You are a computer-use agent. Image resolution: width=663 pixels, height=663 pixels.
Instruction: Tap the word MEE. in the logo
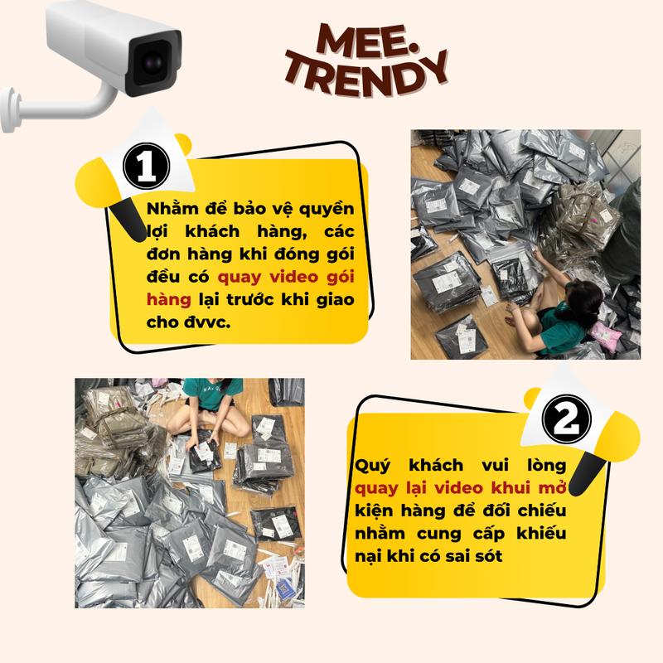[x=366, y=41]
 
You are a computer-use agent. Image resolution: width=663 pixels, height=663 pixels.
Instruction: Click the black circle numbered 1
[x=147, y=167]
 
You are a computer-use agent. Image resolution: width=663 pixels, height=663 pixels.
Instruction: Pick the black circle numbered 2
[x=567, y=419]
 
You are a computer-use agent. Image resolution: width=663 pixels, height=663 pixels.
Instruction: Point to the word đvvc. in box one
[x=207, y=322]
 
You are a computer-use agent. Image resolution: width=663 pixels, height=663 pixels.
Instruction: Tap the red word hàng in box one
[x=169, y=300]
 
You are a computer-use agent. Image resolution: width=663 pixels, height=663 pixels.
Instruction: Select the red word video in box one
[x=293, y=278]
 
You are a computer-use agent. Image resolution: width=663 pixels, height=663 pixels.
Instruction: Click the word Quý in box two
[x=372, y=467]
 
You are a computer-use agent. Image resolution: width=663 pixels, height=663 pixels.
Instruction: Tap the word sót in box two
[x=488, y=556]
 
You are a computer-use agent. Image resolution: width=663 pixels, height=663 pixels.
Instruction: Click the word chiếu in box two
[x=542, y=511]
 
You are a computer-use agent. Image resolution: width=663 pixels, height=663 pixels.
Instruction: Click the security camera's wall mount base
[x=9, y=110]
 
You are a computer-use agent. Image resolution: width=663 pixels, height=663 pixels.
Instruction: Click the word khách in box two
[x=436, y=466]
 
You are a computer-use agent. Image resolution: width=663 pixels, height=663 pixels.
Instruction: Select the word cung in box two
[x=438, y=535]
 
